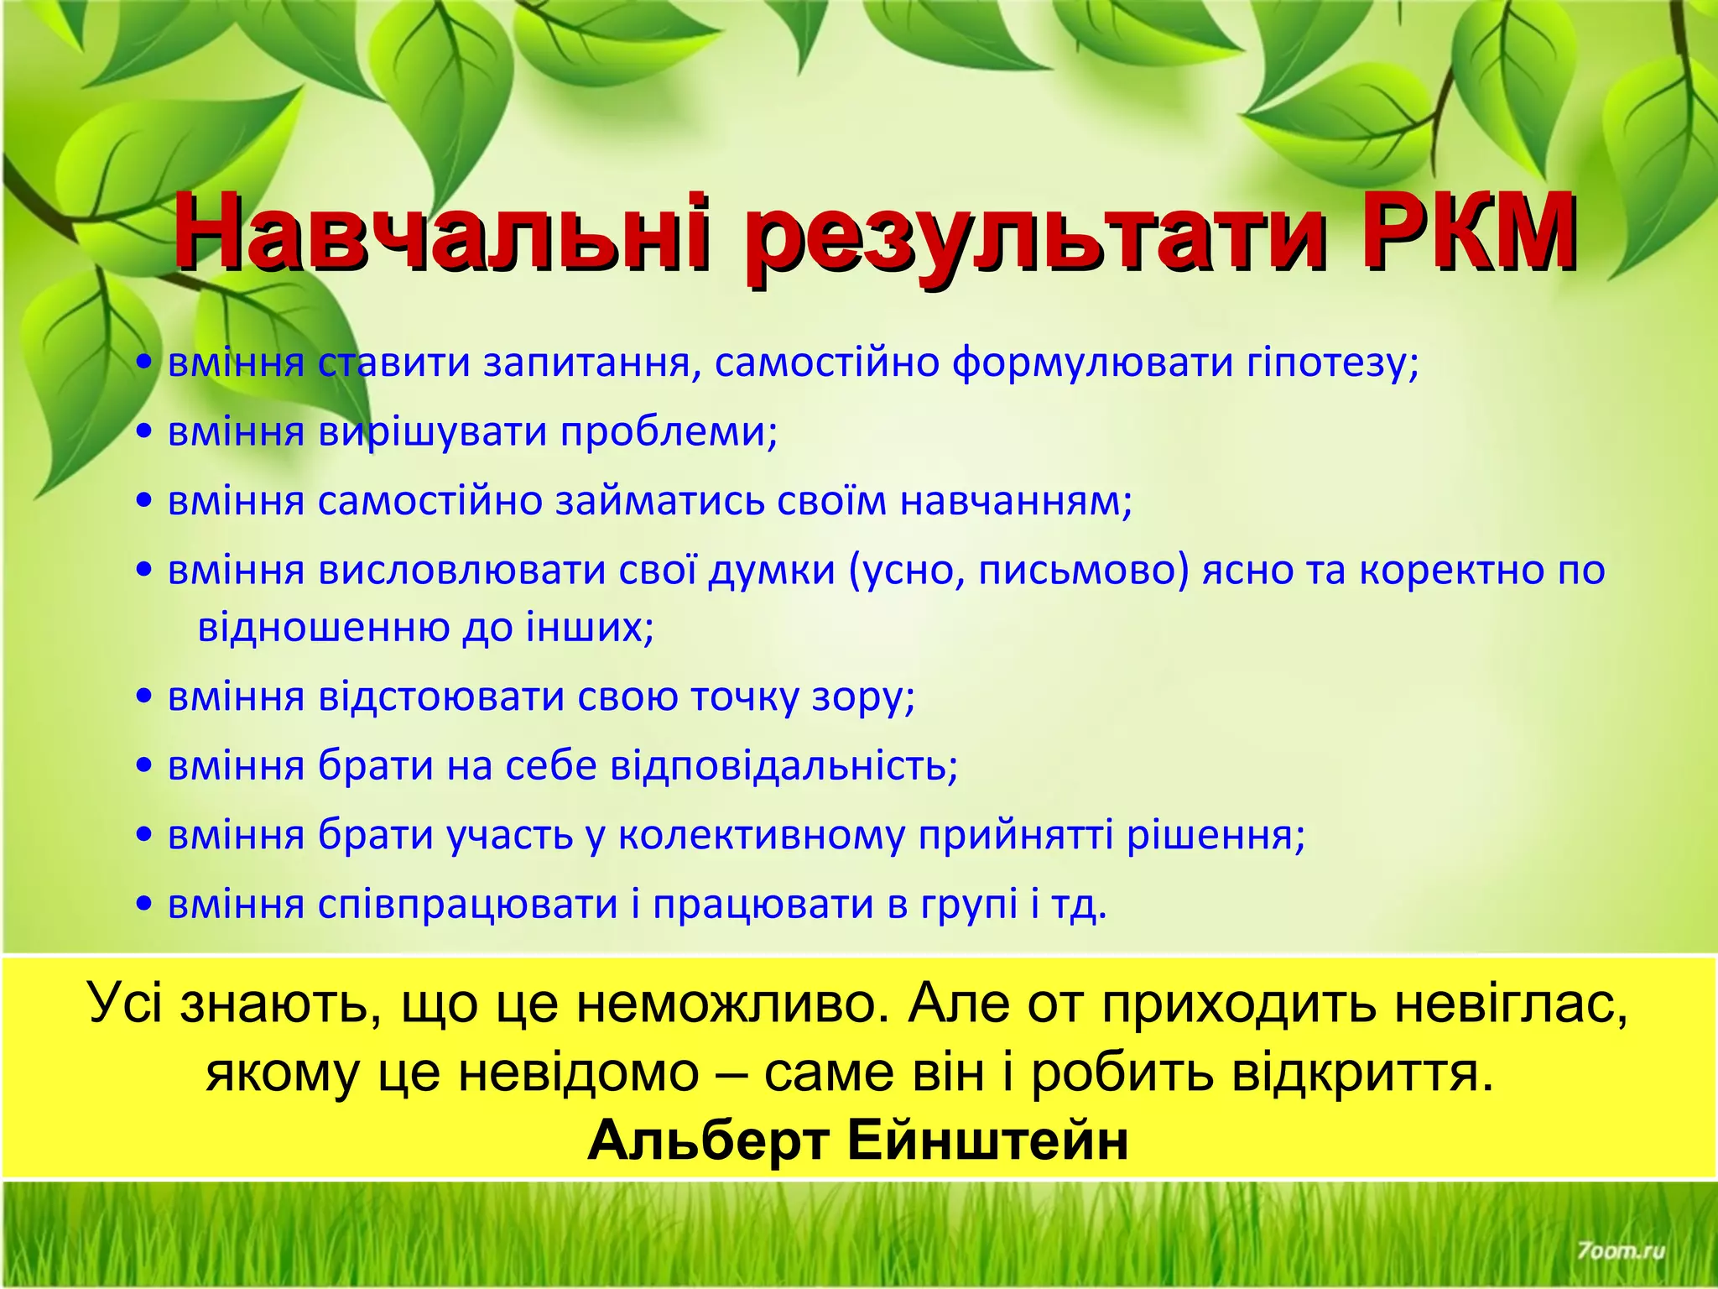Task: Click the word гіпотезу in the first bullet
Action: coord(1330,364)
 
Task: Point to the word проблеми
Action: coord(669,433)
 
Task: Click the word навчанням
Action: coord(1016,502)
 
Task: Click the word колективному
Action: coord(763,837)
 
